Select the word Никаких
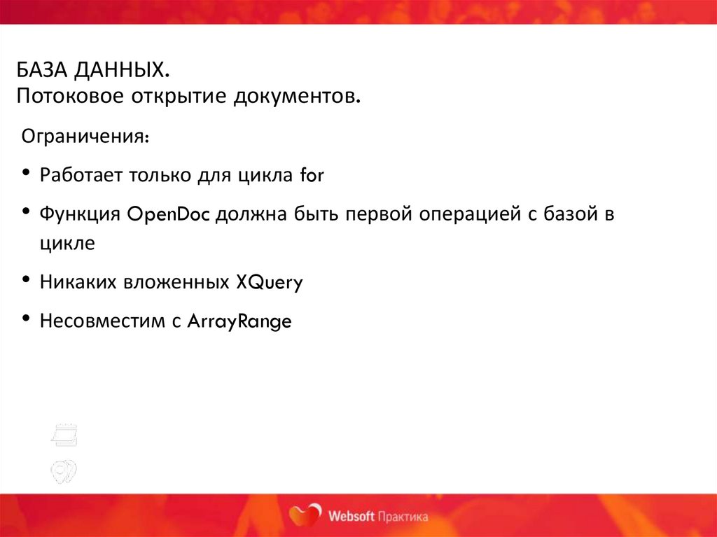pyautogui.click(x=78, y=282)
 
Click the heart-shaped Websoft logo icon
pyautogui.click(x=306, y=516)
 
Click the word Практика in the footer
pyautogui.click(x=403, y=517)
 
